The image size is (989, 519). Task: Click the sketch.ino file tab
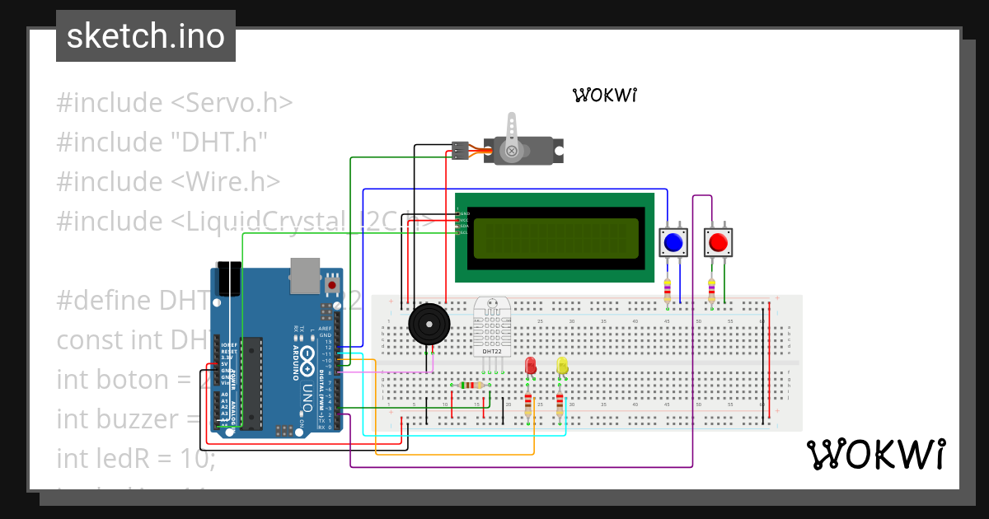[x=145, y=36]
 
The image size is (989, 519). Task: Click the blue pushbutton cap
[x=673, y=243]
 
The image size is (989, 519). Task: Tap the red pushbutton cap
[x=718, y=243]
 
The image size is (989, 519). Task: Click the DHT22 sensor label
[x=491, y=352]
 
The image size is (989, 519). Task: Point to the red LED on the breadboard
[x=530, y=365]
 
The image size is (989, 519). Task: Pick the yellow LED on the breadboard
[x=562, y=365]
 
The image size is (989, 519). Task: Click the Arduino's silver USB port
[x=304, y=275]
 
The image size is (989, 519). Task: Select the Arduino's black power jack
[x=228, y=278]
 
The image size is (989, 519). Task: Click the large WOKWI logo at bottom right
[x=875, y=454]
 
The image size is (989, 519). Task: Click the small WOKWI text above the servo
[x=606, y=95]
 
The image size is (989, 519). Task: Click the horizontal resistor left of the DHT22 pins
[x=471, y=385]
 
